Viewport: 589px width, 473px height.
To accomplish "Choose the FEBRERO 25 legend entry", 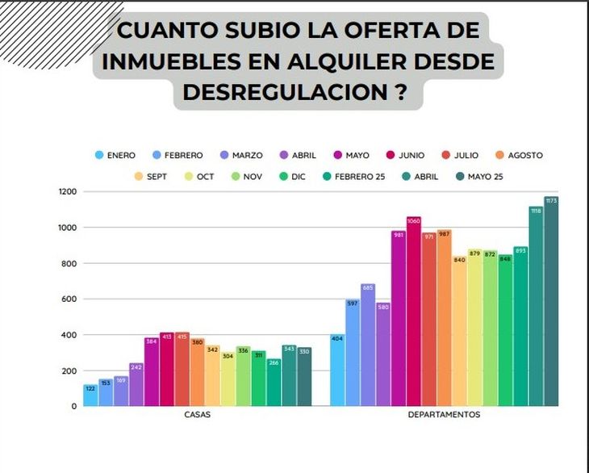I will (x=355, y=176).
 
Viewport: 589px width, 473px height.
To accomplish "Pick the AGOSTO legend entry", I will (x=518, y=155).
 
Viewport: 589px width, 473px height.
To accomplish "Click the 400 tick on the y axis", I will (x=70, y=335).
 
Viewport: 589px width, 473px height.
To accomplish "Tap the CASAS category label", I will (x=198, y=415).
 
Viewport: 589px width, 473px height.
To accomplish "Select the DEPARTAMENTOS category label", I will (x=444, y=415).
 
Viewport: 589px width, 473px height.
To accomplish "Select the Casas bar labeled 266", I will (x=274, y=383).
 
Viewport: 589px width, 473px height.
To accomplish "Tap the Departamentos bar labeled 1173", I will (x=551, y=302).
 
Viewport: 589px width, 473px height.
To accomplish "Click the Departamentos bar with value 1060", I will (x=414, y=312).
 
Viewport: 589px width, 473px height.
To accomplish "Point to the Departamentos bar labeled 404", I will (x=337, y=370).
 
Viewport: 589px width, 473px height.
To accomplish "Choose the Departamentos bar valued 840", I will (x=460, y=332).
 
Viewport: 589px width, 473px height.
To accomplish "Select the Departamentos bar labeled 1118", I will (x=536, y=307).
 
